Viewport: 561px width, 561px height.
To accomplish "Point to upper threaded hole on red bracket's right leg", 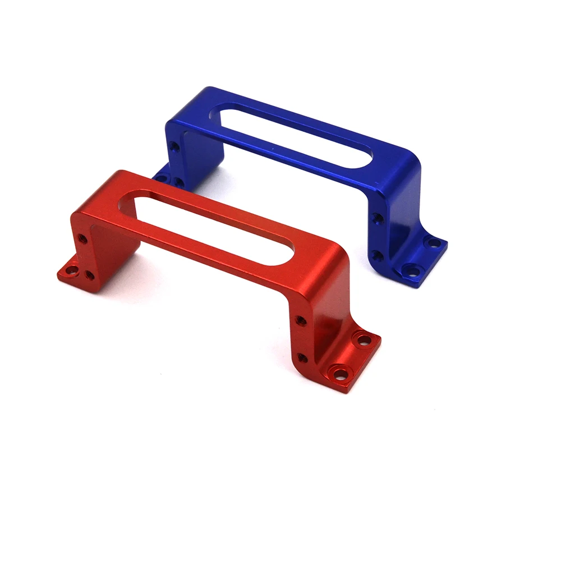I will point(301,321).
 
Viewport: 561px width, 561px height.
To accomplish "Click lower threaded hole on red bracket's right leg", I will point(303,357).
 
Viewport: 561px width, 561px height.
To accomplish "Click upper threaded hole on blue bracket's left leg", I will point(176,147).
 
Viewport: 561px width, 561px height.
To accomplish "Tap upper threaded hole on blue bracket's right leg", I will point(378,218).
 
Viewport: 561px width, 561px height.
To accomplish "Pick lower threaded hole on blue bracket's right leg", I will point(378,256).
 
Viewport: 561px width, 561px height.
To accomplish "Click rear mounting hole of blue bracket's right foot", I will point(433,243).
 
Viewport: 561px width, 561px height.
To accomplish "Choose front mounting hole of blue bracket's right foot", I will point(412,271).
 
